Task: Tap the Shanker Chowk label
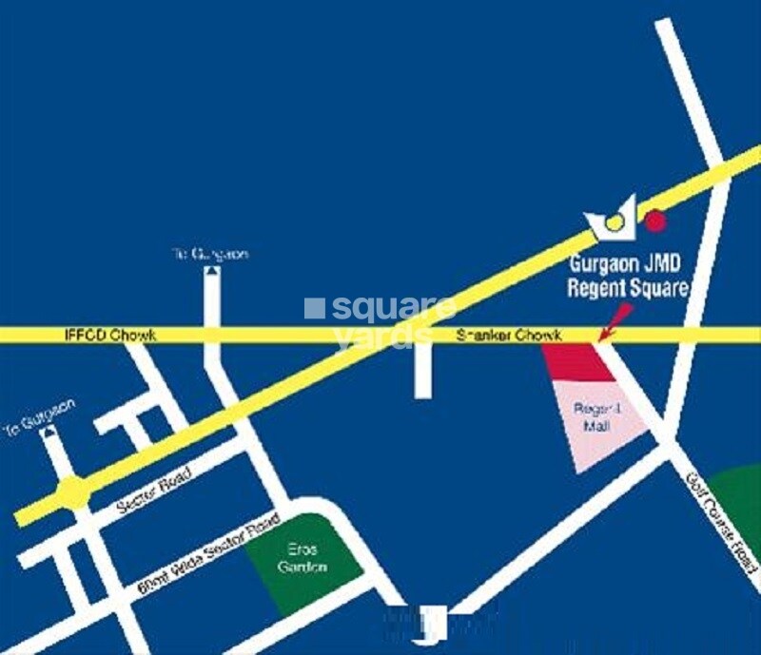(509, 336)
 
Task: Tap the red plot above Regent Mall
(578, 361)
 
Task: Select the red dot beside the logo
(654, 222)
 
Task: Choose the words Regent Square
(626, 287)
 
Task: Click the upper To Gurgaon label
(209, 255)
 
